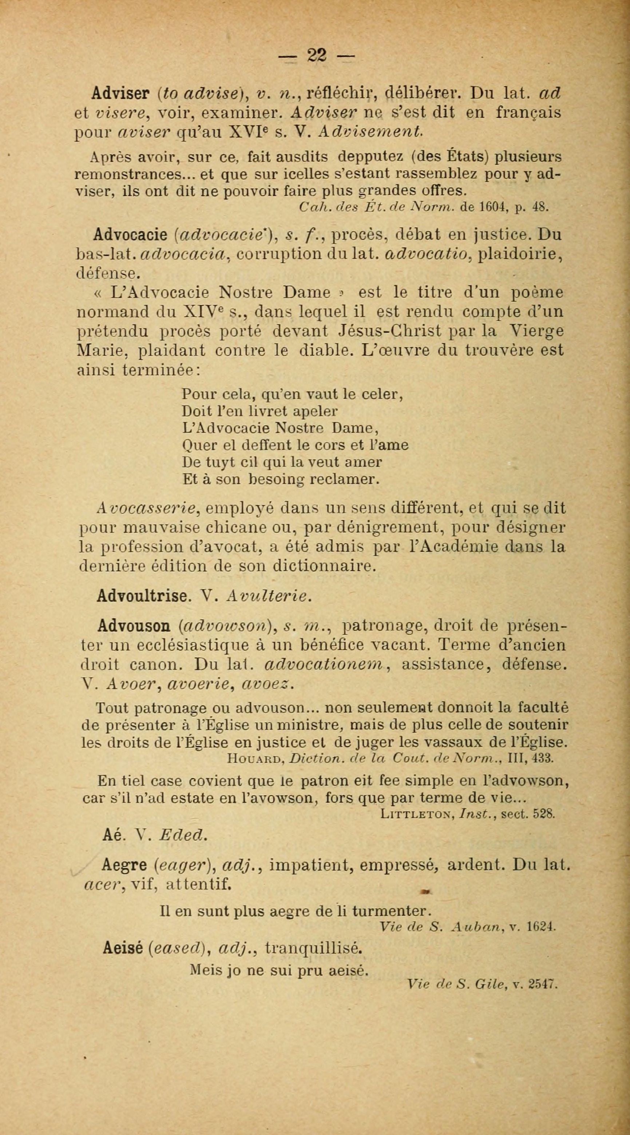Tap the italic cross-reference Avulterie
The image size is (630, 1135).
pyautogui.click(x=269, y=596)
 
